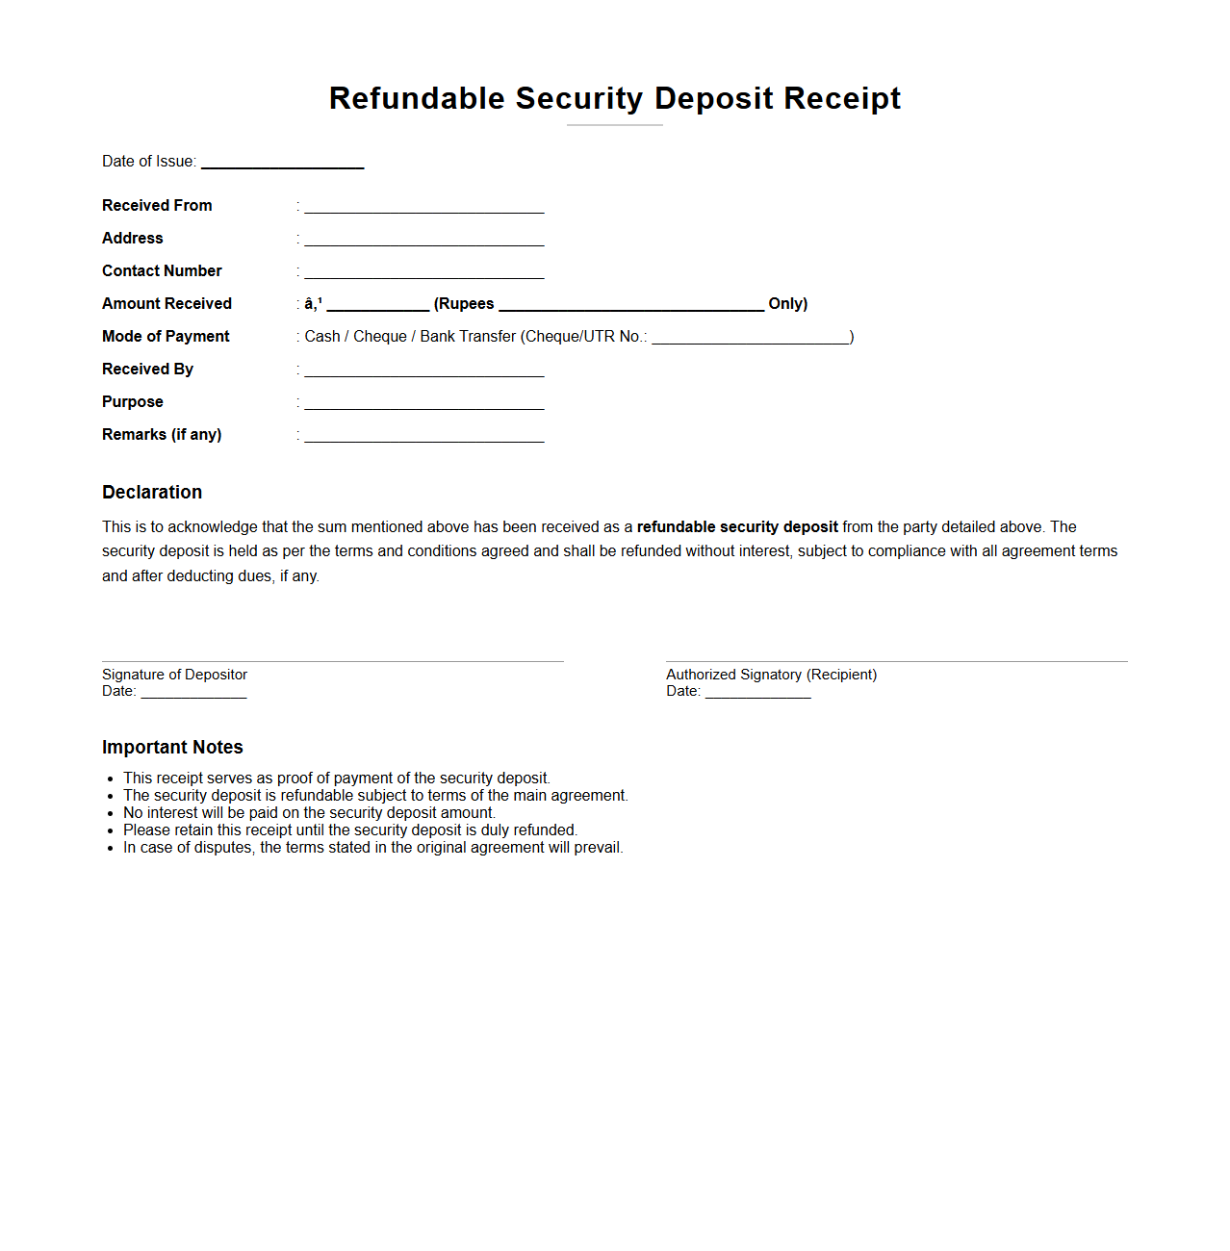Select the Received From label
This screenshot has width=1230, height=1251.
(157, 206)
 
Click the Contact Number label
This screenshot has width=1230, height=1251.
(162, 271)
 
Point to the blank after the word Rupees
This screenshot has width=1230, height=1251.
(630, 305)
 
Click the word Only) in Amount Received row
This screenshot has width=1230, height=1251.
(787, 304)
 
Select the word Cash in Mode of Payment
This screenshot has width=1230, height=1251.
(322, 337)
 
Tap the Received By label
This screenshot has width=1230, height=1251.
(147, 370)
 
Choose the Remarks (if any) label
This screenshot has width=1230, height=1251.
(162, 435)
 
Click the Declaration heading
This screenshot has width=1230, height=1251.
(152, 493)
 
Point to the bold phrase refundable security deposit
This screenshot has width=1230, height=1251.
(737, 527)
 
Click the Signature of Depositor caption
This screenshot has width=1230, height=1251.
(174, 675)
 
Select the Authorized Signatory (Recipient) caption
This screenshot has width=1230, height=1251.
(771, 675)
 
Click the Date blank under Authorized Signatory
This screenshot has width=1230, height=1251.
(757, 693)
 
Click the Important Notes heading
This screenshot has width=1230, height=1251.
(172, 748)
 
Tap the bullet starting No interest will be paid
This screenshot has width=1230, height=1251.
(309, 813)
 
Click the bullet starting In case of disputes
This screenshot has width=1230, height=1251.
(372, 848)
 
